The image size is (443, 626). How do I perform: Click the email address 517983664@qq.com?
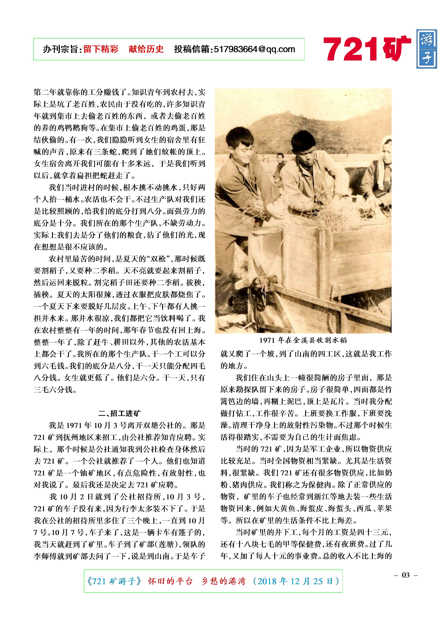[x=254, y=49]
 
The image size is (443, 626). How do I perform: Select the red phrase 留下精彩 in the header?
[x=101, y=49]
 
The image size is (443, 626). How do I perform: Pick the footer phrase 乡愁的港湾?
[x=224, y=581]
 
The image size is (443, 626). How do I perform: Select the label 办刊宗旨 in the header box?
[x=61, y=49]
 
